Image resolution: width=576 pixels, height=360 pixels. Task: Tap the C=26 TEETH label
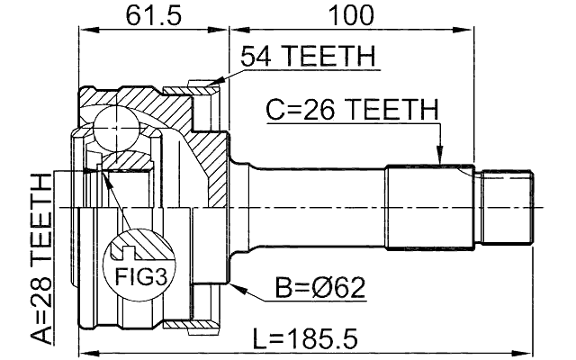[351, 110]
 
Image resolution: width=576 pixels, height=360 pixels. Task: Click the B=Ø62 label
[319, 288]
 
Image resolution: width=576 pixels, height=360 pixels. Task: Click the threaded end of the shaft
[506, 206]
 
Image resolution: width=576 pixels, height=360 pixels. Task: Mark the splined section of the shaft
[430, 206]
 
